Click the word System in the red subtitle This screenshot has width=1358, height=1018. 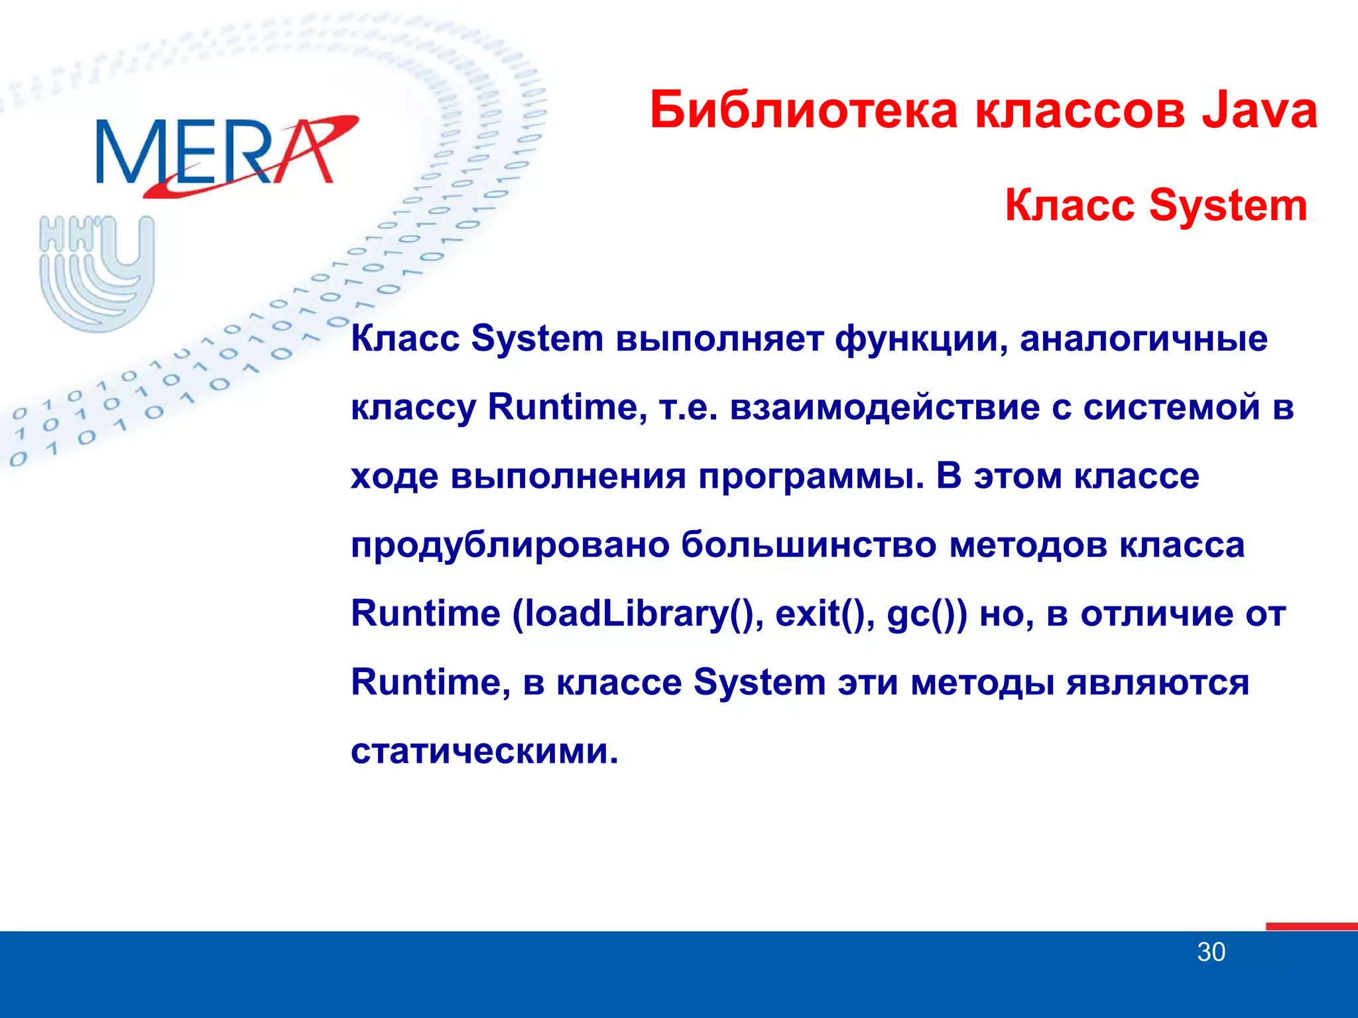(x=1227, y=205)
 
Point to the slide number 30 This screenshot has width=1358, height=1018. (x=1211, y=952)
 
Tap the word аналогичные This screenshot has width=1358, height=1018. (x=1143, y=339)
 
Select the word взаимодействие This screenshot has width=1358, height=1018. (x=885, y=407)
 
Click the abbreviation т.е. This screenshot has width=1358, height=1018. (x=689, y=407)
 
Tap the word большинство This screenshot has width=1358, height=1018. (x=808, y=545)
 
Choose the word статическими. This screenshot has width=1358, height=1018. (x=484, y=752)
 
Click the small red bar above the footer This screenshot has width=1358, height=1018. (x=1311, y=927)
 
